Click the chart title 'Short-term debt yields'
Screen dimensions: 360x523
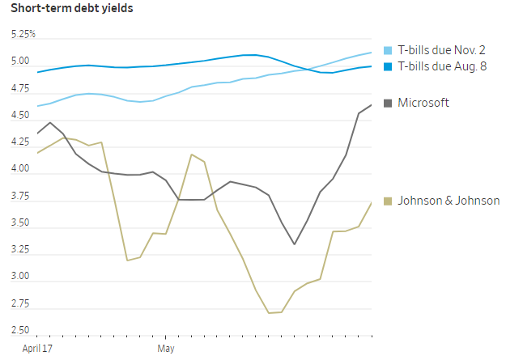[x=72, y=9]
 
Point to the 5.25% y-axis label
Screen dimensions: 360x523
[x=23, y=35]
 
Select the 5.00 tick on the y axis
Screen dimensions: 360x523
[x=21, y=61]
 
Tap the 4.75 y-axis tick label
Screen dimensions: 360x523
[x=21, y=89]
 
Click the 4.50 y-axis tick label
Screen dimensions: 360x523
[x=21, y=116]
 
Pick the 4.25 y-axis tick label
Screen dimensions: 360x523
[x=21, y=142]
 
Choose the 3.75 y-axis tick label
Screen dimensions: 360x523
[x=21, y=197]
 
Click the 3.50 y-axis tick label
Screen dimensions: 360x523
[x=21, y=223]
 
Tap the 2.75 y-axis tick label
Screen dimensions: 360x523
[x=21, y=304]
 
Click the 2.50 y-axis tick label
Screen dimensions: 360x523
[x=21, y=331]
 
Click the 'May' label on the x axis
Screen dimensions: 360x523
[x=166, y=349]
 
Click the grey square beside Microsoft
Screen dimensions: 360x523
[x=388, y=103]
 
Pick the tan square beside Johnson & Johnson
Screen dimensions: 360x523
[x=388, y=201]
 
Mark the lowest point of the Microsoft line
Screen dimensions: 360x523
[x=295, y=244]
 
